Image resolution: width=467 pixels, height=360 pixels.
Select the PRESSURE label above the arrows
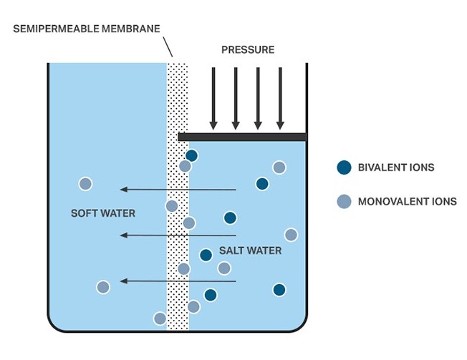coord(247,49)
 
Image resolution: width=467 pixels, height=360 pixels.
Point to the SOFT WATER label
coord(103,213)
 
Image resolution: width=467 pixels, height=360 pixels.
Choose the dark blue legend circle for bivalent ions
coord(344,167)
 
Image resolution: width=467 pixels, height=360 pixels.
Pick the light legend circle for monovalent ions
coord(344,201)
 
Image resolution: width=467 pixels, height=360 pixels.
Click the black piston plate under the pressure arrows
coord(242,136)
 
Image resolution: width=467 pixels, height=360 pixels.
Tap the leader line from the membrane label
coord(168,47)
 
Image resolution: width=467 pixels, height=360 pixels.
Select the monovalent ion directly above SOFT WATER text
coord(85,184)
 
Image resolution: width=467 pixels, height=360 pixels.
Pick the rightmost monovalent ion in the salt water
coord(291,235)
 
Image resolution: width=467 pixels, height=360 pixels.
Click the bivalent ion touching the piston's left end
coord(191,155)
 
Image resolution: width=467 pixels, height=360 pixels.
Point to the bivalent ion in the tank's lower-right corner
coord(279,290)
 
